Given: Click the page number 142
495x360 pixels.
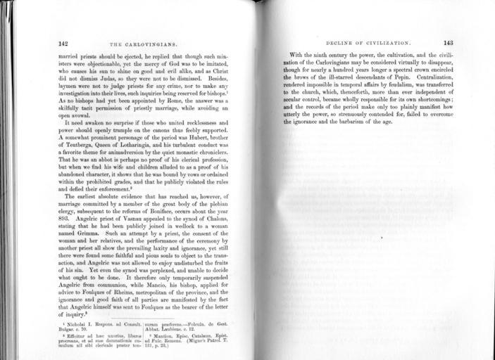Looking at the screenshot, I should tap(63, 42).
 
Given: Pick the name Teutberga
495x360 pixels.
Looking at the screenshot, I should tap(75, 139).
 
